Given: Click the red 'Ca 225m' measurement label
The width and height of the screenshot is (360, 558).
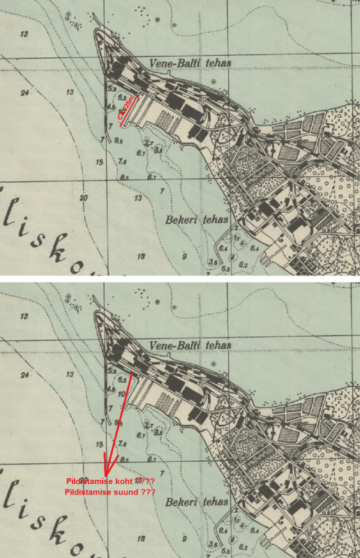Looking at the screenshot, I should point(130,110).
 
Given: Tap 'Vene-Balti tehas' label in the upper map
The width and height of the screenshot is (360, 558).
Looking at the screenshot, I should point(189,63).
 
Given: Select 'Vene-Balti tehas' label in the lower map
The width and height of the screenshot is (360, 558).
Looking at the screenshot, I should point(189,345).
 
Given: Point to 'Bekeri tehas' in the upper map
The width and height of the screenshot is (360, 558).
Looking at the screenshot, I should point(197,220).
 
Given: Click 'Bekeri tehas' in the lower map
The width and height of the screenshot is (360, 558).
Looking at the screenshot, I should point(197,502).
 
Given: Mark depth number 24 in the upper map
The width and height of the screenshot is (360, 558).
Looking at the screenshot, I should point(26,93).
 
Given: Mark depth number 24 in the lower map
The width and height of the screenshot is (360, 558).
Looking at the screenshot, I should point(26,375).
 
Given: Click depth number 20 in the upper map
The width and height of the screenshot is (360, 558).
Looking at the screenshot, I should point(84,198).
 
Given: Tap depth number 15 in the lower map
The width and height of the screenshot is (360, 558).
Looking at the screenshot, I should point(100,444).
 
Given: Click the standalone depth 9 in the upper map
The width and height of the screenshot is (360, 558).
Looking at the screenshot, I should point(184,257).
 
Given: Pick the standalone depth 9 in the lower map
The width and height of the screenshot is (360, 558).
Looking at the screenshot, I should point(184,538).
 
